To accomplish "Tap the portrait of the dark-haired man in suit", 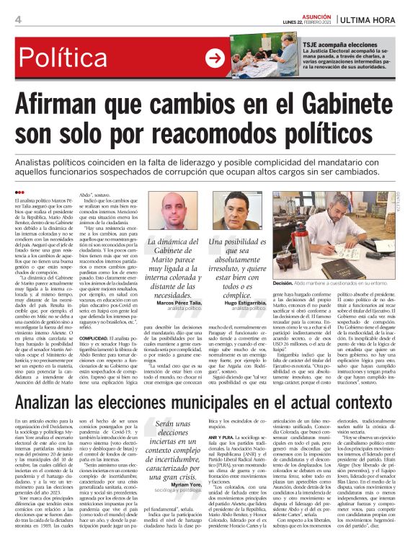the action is pyautogui.click(x=237, y=211).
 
